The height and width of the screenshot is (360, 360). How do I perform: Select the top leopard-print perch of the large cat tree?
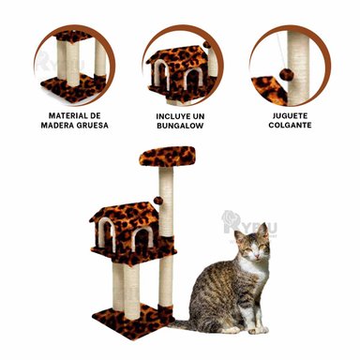click(x=167, y=157)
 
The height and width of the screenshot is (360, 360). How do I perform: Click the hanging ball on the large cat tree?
click(x=159, y=200)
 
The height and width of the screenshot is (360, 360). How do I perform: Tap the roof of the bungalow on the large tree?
click(x=124, y=215)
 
